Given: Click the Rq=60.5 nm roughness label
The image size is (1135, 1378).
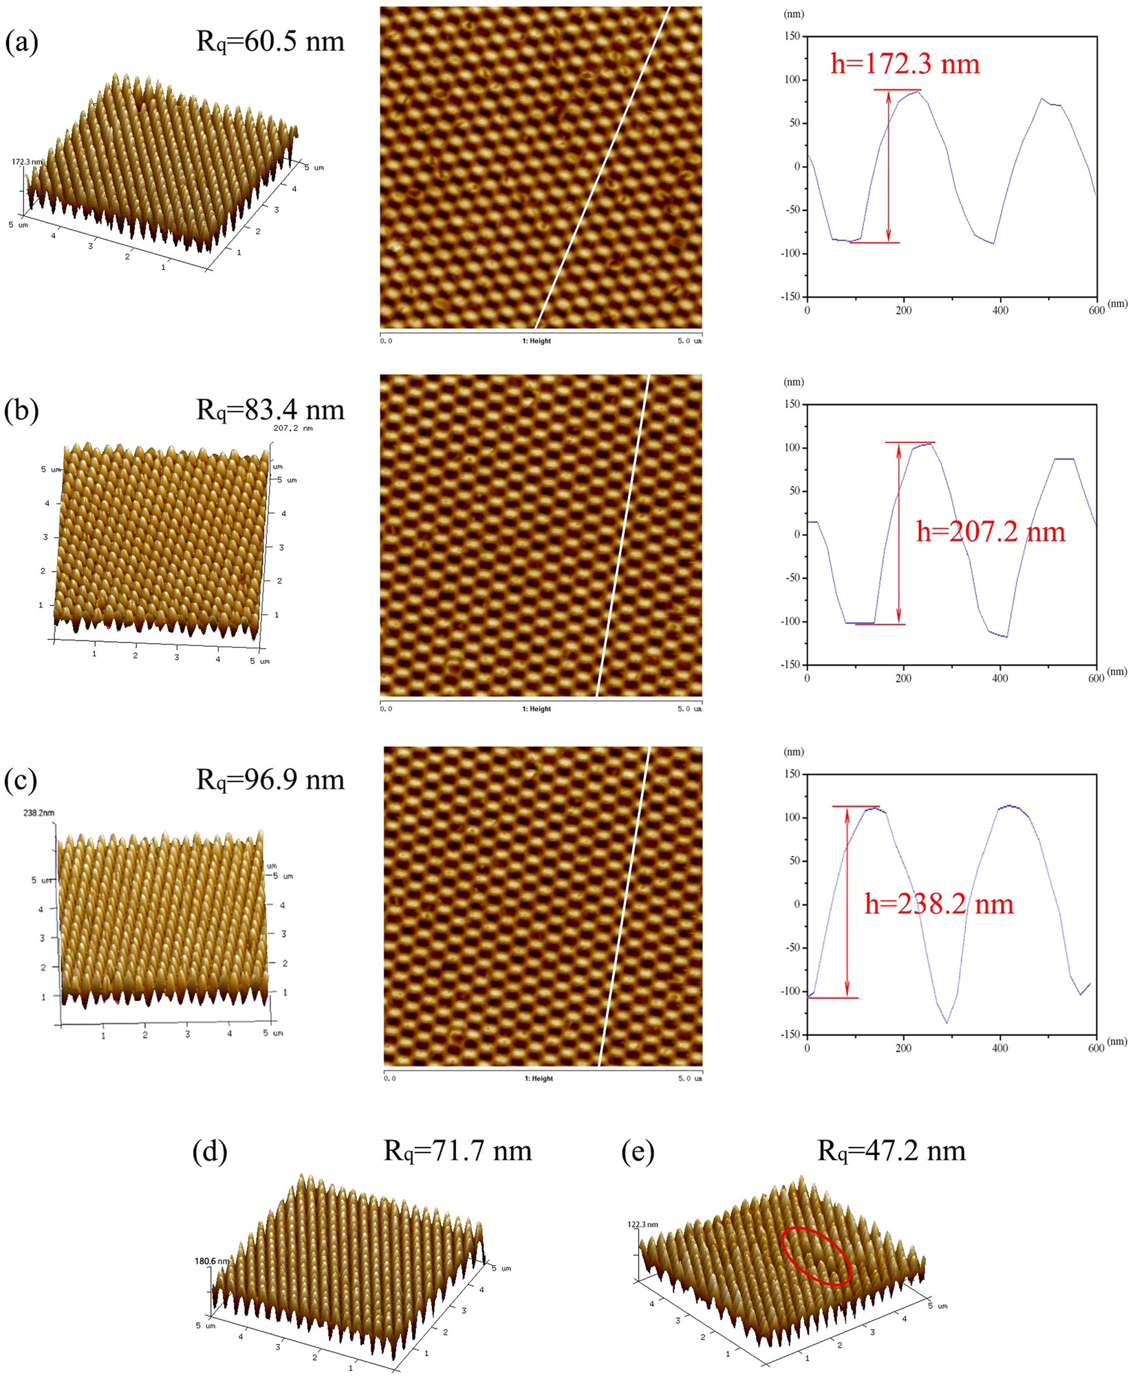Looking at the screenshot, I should [x=270, y=42].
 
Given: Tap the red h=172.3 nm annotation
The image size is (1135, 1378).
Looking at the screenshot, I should [x=905, y=64].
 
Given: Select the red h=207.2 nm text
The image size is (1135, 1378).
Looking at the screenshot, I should [x=991, y=532].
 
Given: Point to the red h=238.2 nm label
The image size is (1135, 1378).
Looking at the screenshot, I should [x=939, y=904].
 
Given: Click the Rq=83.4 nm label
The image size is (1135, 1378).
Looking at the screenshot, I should [x=270, y=410].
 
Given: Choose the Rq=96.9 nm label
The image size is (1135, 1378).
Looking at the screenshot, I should [x=270, y=779].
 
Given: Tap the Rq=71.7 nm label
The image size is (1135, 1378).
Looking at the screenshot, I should [x=457, y=1150].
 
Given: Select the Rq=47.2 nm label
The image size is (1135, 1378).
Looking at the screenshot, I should [x=891, y=1150].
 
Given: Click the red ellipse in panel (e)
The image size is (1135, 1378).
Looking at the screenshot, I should [x=816, y=1256].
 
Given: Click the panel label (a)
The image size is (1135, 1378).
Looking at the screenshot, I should [x=21, y=43].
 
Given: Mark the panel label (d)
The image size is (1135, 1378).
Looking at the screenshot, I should [x=210, y=1151].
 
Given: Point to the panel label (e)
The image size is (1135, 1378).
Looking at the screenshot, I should [x=638, y=1151].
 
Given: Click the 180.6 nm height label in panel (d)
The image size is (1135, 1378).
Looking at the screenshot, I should [x=212, y=1261].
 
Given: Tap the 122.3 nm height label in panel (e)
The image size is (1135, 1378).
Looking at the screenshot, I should [x=642, y=1225].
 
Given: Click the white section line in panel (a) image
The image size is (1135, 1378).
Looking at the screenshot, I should [x=603, y=169].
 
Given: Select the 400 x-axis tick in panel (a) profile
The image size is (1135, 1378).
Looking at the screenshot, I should [x=999, y=310].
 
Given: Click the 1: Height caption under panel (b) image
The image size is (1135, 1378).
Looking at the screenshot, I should [x=537, y=709].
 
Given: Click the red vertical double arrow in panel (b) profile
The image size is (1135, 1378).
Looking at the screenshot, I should [x=898, y=533].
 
